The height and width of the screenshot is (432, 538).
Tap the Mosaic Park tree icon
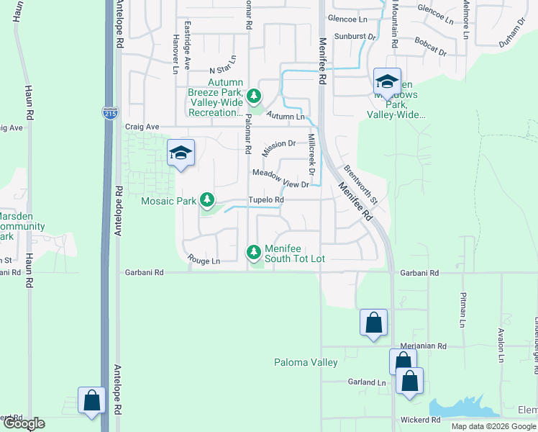pos(208,199)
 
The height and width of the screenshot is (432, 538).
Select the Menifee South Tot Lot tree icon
pos(253,252)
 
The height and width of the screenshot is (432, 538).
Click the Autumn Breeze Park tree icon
pos(253,95)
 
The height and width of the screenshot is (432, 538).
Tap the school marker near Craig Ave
pos(181,153)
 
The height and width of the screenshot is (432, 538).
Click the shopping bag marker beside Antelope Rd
pos(91,400)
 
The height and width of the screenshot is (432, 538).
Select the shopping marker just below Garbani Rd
pos(373,323)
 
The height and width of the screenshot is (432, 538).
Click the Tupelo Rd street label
pos(266,200)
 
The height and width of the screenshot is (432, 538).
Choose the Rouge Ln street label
pos(204,259)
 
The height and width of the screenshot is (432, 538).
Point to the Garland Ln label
pos(367,382)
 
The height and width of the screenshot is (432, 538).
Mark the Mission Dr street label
pos(279,148)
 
